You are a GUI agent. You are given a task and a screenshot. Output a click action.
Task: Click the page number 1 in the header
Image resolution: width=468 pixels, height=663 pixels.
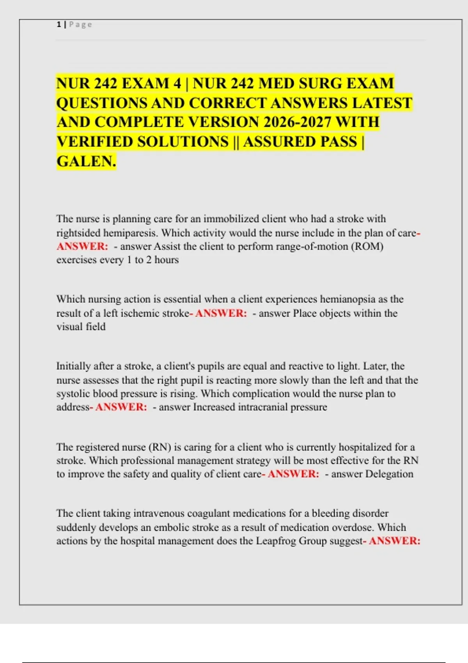coord(58,25)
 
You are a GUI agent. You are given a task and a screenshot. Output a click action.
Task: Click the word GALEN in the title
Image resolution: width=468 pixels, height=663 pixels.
coord(85,161)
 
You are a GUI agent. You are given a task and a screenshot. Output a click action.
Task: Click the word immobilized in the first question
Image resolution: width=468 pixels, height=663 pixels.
coord(231,219)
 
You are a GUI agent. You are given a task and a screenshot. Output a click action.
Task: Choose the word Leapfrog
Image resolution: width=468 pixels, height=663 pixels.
coord(276,541)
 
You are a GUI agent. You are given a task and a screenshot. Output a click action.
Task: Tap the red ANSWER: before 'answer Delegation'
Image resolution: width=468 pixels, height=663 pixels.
coord(293,474)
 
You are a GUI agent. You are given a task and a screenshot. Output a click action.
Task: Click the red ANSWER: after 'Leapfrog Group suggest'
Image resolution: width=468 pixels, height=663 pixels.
coord(394,541)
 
